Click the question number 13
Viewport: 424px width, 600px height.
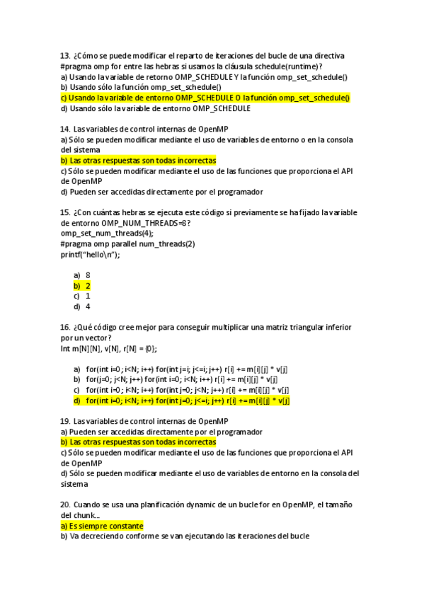pos(66,55)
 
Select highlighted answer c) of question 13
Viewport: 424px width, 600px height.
pos(205,98)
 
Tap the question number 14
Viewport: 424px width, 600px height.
pos(66,129)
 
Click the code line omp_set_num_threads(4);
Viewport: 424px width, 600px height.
pos(107,233)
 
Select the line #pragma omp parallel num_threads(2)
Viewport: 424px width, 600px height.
pos(128,244)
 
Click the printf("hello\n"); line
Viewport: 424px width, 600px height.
pos(90,255)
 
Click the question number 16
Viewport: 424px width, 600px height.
pos(66,328)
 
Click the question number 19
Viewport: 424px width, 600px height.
pos(66,422)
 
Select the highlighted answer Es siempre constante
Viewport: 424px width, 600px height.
pos(102,526)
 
